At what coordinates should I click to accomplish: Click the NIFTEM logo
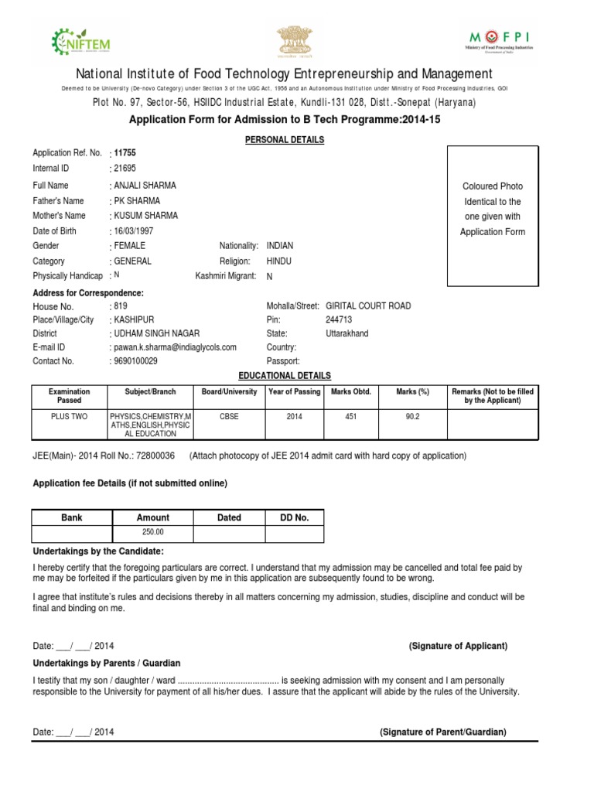click(x=80, y=39)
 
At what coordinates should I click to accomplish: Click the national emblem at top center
click(x=296, y=40)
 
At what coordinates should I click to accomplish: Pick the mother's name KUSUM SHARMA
click(x=145, y=216)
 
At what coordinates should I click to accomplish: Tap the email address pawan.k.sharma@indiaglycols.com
click(x=175, y=347)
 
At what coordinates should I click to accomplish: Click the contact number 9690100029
click(x=135, y=361)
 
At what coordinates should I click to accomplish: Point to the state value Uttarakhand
click(x=347, y=333)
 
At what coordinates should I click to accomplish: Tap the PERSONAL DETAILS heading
click(x=285, y=140)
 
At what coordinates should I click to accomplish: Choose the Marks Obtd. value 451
click(x=351, y=415)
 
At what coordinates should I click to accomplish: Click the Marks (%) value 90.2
click(x=412, y=415)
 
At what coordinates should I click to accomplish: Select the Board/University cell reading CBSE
click(x=229, y=415)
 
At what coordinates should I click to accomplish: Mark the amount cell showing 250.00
click(x=152, y=533)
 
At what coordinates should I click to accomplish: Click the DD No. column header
click(x=294, y=517)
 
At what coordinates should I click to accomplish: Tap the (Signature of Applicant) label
click(x=458, y=646)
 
